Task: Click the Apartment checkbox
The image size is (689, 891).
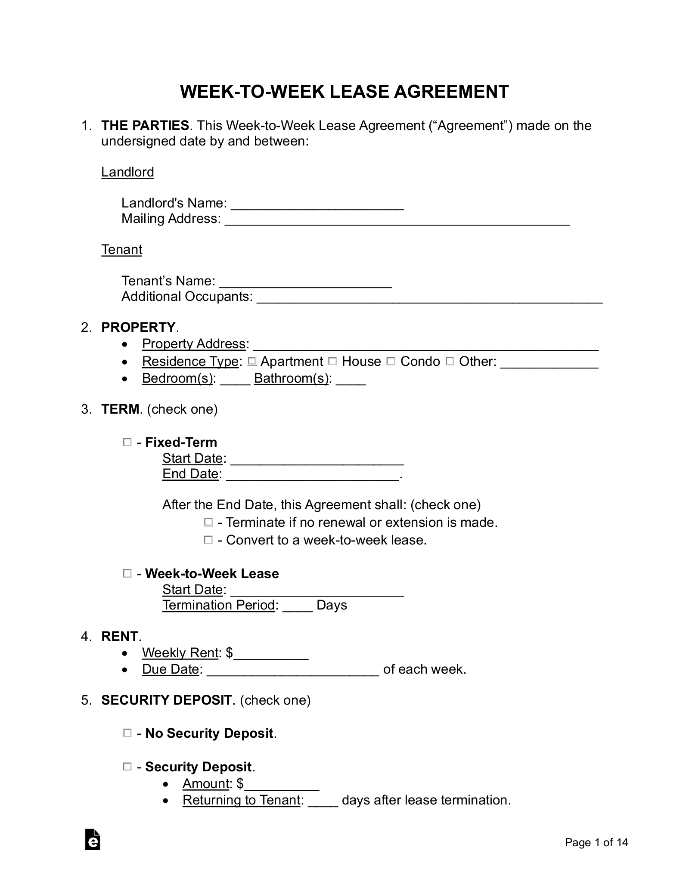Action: [252, 361]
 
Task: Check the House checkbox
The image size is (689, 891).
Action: [332, 361]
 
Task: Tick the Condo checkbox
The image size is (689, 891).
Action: [391, 361]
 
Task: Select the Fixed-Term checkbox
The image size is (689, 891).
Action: [127, 442]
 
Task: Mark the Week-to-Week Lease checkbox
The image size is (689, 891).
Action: [127, 573]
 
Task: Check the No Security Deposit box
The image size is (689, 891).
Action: [127, 733]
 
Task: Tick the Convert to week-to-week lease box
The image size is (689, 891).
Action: [208, 540]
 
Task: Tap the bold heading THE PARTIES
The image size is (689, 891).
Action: [145, 126]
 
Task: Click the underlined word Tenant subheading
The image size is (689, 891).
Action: [122, 250]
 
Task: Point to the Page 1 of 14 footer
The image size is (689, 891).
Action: [596, 842]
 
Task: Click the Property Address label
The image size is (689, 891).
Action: [194, 344]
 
